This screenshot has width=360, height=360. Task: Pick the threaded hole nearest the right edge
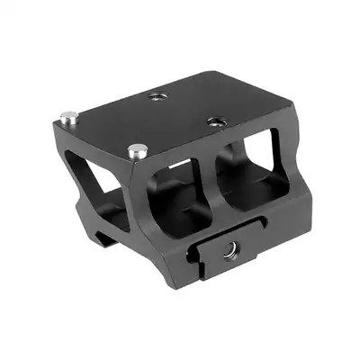point(213,121)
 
